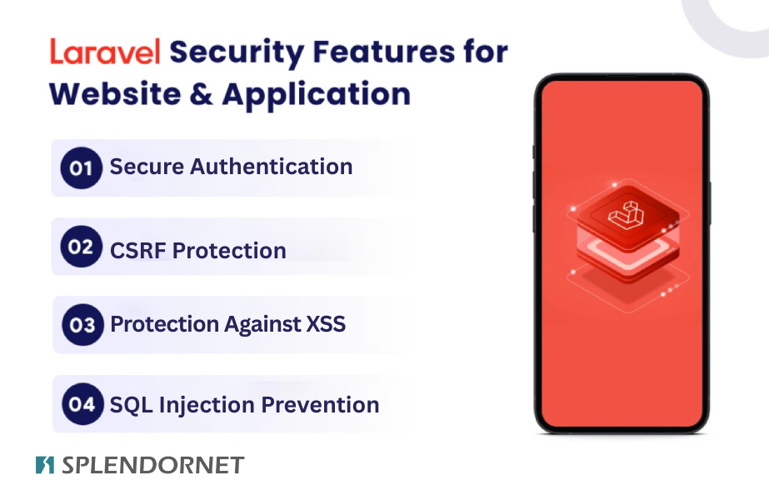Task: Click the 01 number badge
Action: click(81, 167)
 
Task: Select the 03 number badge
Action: click(82, 324)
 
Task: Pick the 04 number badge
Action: click(82, 405)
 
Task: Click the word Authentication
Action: click(272, 167)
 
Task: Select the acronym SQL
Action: click(128, 406)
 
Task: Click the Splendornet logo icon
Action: click(45, 465)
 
